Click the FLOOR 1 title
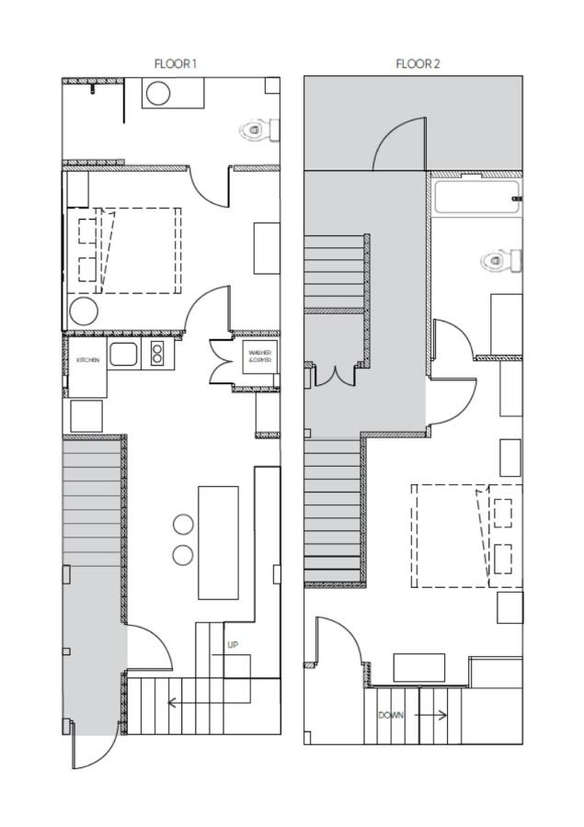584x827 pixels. coord(175,63)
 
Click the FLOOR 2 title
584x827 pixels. coord(418,63)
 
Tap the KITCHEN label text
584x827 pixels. coord(87,360)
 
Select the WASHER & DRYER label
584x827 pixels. coord(260,356)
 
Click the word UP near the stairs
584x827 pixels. coord(233,645)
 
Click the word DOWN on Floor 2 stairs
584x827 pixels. coord(391,715)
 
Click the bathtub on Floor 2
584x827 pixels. coord(475,197)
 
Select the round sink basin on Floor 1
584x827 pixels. coord(158,93)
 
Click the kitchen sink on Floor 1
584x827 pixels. coord(122,353)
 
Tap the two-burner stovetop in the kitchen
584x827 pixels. coord(157,353)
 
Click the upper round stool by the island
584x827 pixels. coord(184,524)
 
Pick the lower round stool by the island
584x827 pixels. coord(184,555)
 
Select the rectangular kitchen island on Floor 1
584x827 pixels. coord(218,542)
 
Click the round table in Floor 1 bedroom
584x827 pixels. coord(83,312)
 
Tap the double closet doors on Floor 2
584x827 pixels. coord(335,375)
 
